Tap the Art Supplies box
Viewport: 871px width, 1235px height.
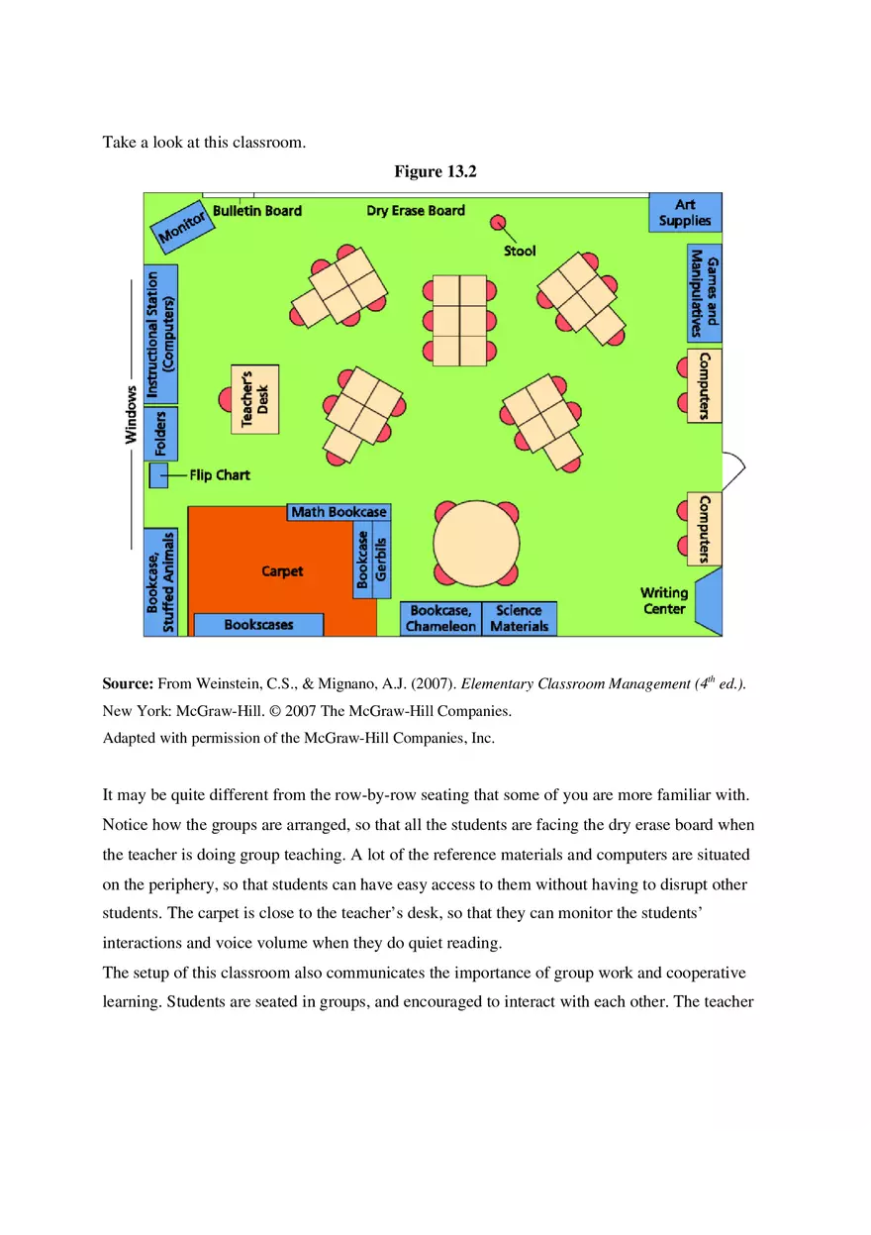[x=685, y=213]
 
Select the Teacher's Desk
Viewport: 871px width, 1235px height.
[x=255, y=399]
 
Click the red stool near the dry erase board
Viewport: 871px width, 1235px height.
[x=498, y=222]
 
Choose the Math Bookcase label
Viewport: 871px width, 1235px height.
[x=339, y=512]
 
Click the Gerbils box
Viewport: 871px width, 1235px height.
[x=382, y=560]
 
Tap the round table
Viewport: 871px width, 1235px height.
[x=476, y=543]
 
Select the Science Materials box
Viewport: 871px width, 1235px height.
[x=520, y=619]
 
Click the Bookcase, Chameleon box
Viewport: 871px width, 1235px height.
[x=440, y=619]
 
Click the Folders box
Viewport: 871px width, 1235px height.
[x=160, y=434]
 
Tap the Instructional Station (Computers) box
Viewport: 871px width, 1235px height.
[x=160, y=334]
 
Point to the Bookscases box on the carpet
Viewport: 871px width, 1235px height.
[x=258, y=625]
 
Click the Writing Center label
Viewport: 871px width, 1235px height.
[x=664, y=600]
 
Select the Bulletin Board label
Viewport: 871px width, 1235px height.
[x=257, y=211]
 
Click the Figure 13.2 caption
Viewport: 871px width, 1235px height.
[x=435, y=171]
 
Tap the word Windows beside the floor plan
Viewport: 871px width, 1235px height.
[x=131, y=414]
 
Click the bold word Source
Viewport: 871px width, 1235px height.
[x=128, y=684]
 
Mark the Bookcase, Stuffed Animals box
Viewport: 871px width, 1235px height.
[x=160, y=582]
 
